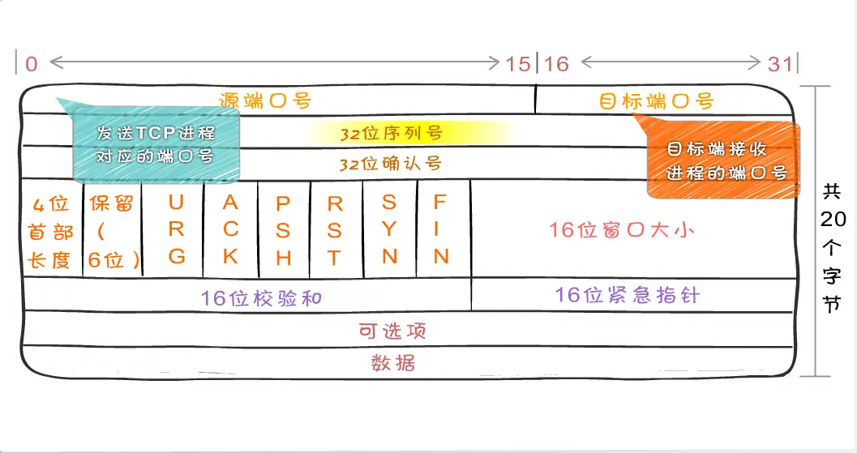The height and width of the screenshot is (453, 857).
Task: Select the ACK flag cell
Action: pyautogui.click(x=230, y=229)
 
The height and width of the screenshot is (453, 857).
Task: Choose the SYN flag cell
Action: pyautogui.click(x=389, y=229)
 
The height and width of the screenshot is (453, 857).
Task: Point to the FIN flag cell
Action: pyautogui.click(x=441, y=229)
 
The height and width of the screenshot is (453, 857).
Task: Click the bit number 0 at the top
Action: pyautogui.click(x=31, y=64)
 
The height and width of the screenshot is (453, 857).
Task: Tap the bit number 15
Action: pyautogui.click(x=518, y=64)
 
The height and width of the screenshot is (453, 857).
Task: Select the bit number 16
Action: pyautogui.click(x=556, y=64)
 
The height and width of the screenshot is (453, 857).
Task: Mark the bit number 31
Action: pyautogui.click(x=780, y=64)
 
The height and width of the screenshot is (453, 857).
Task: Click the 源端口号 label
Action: pyautogui.click(x=265, y=100)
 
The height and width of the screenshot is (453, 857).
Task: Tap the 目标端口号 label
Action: pyautogui.click(x=656, y=101)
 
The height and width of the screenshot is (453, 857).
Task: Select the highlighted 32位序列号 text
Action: pyautogui.click(x=391, y=132)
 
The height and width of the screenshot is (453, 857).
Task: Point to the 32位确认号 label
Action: pyautogui.click(x=391, y=163)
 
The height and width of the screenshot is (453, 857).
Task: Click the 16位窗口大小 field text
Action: pyautogui.click(x=621, y=229)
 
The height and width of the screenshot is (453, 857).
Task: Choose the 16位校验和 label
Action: pyautogui.click(x=261, y=297)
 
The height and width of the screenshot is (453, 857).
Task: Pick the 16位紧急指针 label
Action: pyautogui.click(x=627, y=294)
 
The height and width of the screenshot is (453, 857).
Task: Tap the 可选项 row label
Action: pyautogui.click(x=392, y=330)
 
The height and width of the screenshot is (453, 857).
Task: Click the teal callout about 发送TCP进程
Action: pyautogui.click(x=156, y=144)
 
